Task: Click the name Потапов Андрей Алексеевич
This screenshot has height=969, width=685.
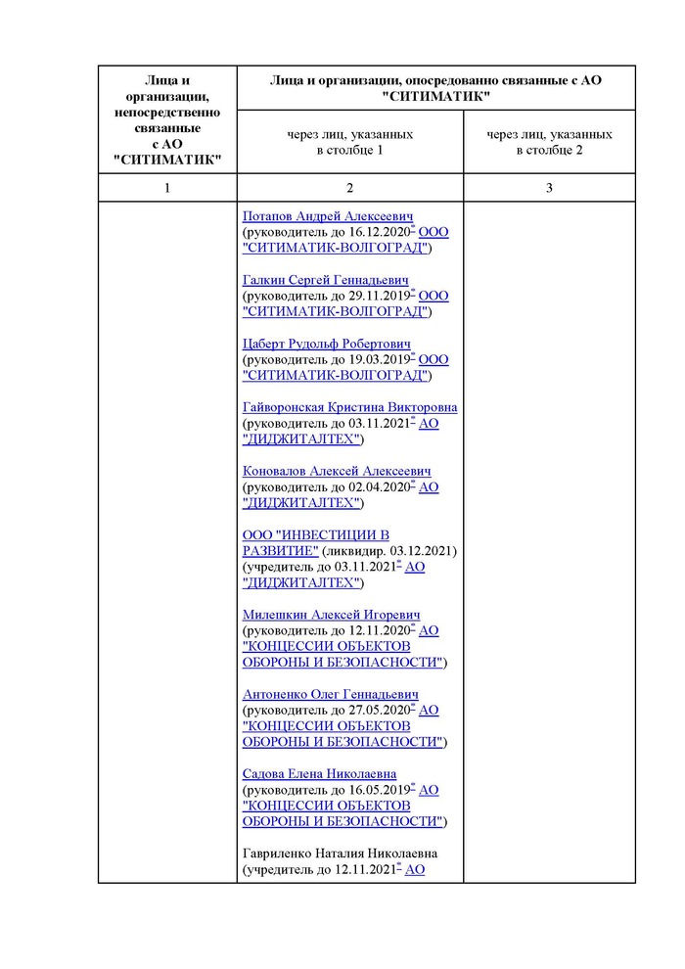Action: (x=328, y=216)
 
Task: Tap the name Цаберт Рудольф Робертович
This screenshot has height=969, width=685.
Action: (x=326, y=344)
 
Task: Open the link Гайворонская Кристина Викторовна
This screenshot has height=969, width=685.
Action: (x=349, y=407)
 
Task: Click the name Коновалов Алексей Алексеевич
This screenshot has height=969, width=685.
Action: (x=337, y=471)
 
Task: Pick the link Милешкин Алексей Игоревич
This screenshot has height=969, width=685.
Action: (x=332, y=615)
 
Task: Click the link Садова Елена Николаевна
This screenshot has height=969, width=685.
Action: (x=319, y=773)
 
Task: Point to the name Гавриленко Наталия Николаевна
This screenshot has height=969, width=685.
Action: (x=340, y=854)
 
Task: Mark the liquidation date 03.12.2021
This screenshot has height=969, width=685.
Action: (x=422, y=551)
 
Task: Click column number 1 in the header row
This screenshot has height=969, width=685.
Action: (x=167, y=188)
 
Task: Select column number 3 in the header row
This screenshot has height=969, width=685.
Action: (x=549, y=188)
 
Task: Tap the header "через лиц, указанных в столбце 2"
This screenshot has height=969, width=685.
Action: (x=549, y=142)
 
